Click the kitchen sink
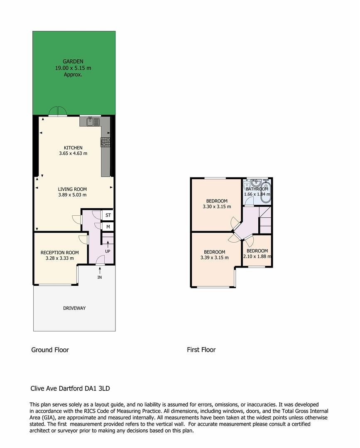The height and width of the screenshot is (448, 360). coord(93,122)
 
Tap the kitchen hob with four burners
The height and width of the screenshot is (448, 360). coord(105,142)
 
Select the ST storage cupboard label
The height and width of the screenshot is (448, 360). coord(108,215)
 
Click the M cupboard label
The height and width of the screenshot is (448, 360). coord(108,227)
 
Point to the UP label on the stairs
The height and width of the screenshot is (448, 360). coord(108,251)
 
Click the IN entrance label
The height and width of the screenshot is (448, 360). coord(100,277)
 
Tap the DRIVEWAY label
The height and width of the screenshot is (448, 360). coord(74,308)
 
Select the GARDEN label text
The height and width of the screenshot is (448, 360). coord(73,62)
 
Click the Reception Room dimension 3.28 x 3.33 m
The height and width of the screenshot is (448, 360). coord(60,258)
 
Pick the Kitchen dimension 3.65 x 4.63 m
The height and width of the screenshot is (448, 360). coord(73,153)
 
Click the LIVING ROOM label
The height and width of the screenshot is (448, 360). coord(72,189)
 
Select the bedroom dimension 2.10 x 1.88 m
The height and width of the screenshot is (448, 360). coord(257,256)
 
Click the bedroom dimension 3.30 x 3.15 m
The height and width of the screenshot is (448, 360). coord(217,207)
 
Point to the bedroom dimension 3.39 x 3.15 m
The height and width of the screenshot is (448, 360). coord(214,258)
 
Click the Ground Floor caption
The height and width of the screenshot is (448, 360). coord(50,350)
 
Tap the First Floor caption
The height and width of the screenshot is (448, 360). coord(201,350)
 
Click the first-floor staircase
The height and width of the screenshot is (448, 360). coord(265,220)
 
